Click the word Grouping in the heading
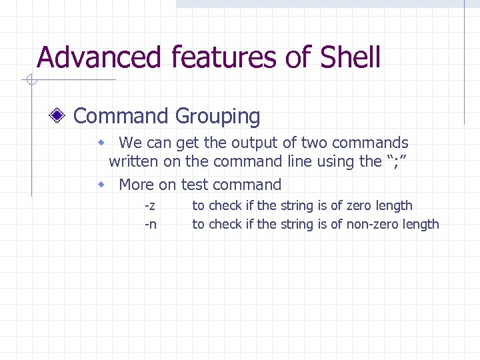click(x=217, y=116)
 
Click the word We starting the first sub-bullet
click(x=130, y=143)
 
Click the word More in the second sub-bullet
click(x=136, y=185)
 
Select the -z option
click(x=151, y=206)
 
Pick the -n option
click(x=151, y=225)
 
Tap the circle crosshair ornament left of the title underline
click(x=30, y=81)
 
